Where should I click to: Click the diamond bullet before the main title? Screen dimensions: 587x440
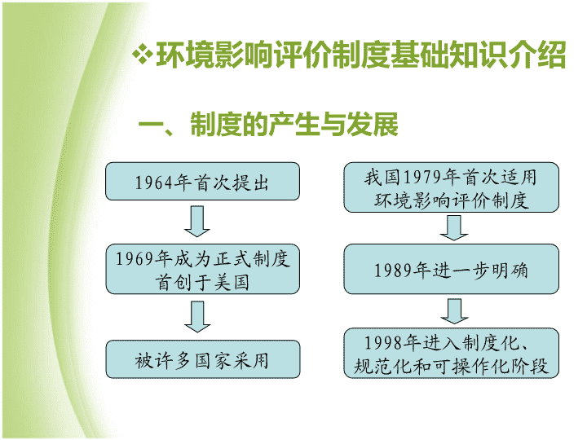click(143, 55)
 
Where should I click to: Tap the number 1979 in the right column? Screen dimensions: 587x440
click(422, 178)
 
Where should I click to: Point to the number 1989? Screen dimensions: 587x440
click(394, 271)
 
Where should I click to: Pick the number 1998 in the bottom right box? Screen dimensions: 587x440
click(384, 343)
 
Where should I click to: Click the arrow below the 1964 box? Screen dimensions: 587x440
click(197, 221)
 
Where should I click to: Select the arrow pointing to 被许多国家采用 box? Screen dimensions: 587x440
click(197, 316)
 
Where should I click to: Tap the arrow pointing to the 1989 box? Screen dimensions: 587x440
click(454, 228)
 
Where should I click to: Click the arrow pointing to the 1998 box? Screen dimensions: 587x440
click(454, 311)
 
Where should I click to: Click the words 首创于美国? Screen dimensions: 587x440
click(202, 282)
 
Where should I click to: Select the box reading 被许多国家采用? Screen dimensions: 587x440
click(203, 359)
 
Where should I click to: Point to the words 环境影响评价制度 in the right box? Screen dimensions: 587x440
click(452, 200)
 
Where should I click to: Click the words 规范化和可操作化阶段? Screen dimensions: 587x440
click(452, 366)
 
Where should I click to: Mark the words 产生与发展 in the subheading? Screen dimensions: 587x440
click(333, 124)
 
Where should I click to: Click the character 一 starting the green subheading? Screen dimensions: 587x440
click(152, 124)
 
